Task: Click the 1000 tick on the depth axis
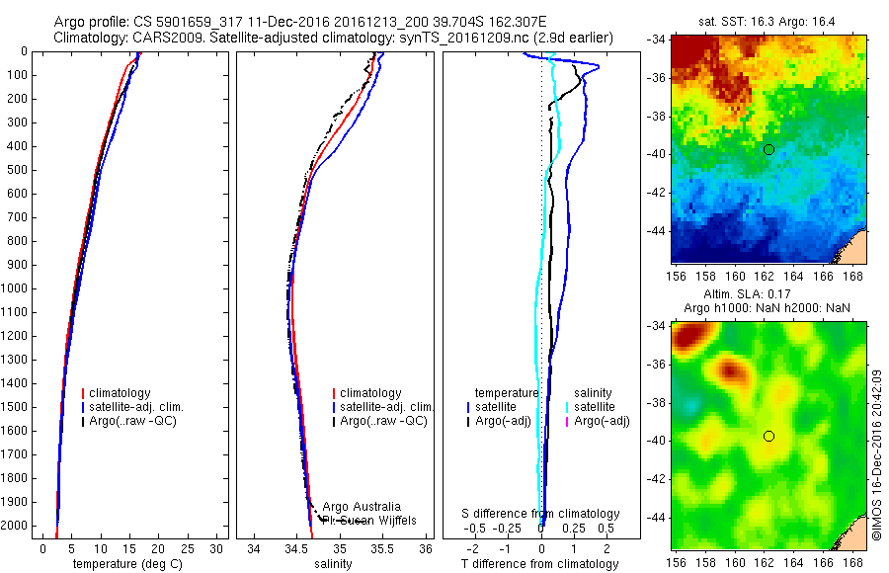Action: point(18,288)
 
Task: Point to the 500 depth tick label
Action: point(18,170)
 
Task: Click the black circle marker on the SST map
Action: point(768,149)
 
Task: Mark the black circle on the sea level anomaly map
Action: point(768,436)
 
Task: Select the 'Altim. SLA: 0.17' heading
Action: point(769,294)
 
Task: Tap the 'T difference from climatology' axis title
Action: point(541,564)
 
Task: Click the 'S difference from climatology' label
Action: point(541,514)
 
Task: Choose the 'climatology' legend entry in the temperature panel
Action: point(123,393)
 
